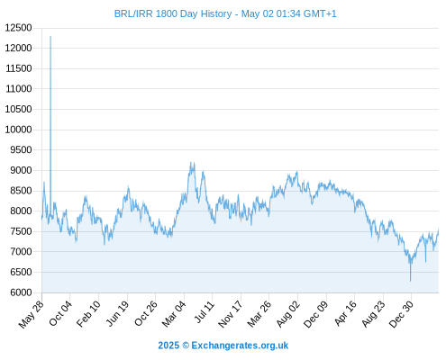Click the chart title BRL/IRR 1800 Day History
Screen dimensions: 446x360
pos(173,14)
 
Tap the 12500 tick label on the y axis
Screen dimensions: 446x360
pos(18,28)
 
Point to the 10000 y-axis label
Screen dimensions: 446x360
pos(18,130)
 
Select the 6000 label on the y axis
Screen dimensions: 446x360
pos(21,292)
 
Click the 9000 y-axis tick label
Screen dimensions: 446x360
pos(21,170)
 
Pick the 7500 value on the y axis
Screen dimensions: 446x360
pos(21,231)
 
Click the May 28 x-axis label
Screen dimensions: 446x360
pos(31,314)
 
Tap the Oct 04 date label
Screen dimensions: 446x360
pos(60,313)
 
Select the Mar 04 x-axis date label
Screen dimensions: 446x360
pos(174,314)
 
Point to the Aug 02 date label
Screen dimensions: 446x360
pos(288,314)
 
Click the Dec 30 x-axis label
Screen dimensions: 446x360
pos(401,314)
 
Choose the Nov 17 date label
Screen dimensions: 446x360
pos(231,314)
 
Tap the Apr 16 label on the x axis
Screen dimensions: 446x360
pos(345,313)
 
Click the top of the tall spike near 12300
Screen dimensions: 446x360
pos(50,36)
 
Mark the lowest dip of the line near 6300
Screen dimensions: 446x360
pos(410,281)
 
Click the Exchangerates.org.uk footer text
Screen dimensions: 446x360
pos(240,346)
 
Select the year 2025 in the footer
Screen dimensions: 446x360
pos(168,346)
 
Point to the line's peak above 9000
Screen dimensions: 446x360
pos(190,162)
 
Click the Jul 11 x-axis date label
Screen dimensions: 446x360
pos(205,312)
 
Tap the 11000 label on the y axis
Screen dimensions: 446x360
pos(19,89)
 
